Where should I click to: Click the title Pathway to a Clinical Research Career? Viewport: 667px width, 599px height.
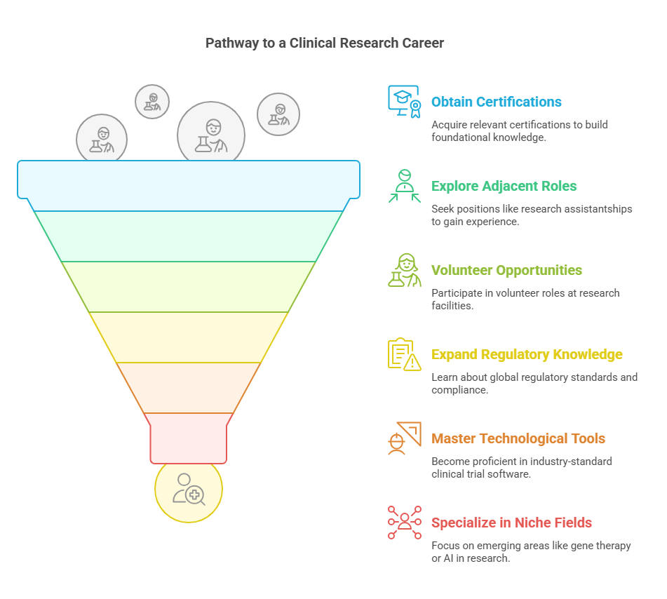[x=324, y=43]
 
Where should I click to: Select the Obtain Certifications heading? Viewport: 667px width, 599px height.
[x=496, y=102]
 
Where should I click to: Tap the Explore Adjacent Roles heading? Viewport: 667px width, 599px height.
[x=504, y=187]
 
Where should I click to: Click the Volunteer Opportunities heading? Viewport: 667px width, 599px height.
[x=506, y=271]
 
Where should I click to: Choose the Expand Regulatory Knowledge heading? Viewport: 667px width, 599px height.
[x=527, y=355]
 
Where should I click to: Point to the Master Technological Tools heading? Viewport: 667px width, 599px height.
[x=518, y=439]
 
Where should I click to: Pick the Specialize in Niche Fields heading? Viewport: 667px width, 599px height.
[x=511, y=523]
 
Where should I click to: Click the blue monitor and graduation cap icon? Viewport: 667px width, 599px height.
[x=404, y=102]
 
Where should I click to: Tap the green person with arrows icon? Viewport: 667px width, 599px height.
[x=405, y=186]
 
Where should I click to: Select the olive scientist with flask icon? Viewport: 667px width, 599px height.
[x=404, y=270]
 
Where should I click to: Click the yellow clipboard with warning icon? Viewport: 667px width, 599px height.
[x=404, y=354]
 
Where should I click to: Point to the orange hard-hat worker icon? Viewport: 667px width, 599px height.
[x=404, y=438]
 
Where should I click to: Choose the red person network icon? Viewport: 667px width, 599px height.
[x=405, y=523]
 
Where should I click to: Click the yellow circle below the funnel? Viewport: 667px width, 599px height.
[x=188, y=490]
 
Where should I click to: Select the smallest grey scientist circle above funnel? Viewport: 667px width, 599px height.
[x=152, y=102]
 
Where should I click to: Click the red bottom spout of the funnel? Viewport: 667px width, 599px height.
[x=188, y=438]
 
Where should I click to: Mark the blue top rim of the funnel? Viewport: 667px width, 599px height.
[x=188, y=180]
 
